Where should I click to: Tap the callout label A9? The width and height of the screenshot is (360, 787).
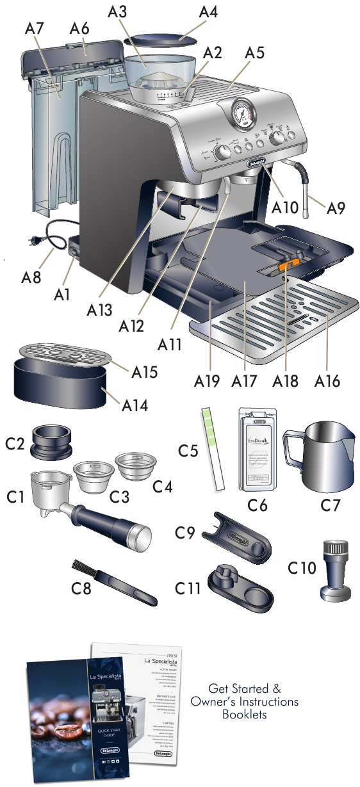[x=337, y=208]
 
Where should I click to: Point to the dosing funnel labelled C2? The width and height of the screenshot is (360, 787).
[x=51, y=441]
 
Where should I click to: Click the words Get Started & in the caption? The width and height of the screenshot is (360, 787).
[x=244, y=689]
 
